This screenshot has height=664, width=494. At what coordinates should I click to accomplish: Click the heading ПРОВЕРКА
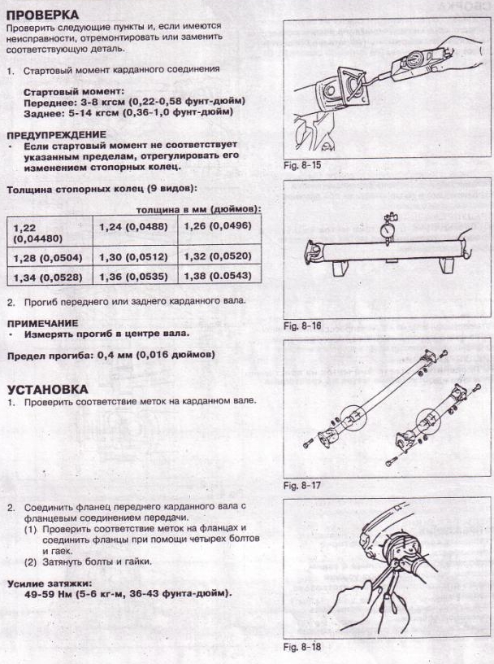(x=42, y=15)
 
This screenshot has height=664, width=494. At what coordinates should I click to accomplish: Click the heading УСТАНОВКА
(x=47, y=388)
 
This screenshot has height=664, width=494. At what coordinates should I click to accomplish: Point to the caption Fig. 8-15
(x=301, y=164)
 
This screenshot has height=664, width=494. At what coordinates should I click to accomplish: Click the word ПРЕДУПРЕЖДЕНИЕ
(x=55, y=134)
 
